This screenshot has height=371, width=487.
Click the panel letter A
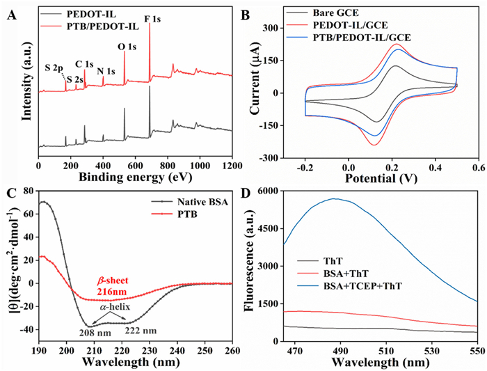pos(10,10)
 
